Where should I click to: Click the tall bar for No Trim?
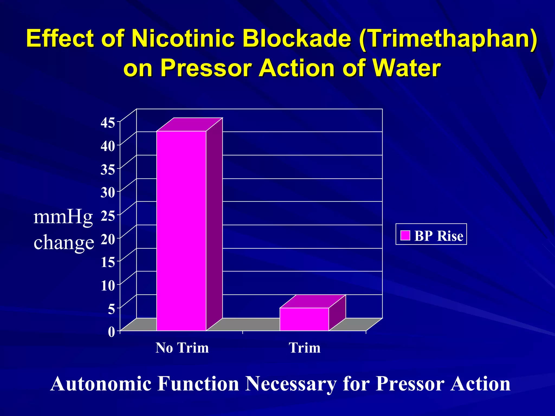pos(181,230)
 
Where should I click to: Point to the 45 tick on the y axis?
pos(108,123)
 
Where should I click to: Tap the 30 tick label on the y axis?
pos(108,193)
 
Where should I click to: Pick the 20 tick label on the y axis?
pos(108,239)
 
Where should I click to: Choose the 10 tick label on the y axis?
pos(108,285)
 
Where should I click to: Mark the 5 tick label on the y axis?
pos(111,309)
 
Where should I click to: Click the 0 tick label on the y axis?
pos(111,332)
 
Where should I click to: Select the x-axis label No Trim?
pos(182,348)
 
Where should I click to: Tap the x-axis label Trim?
pos(305,348)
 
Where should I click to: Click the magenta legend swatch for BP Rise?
pos(405,235)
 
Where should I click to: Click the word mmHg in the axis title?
pos(63,217)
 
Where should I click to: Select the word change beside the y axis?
pos(64,242)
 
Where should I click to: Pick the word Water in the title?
pos(406,68)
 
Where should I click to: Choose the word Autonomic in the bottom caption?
pos(101,384)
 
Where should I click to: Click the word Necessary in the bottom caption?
pos(291,384)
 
